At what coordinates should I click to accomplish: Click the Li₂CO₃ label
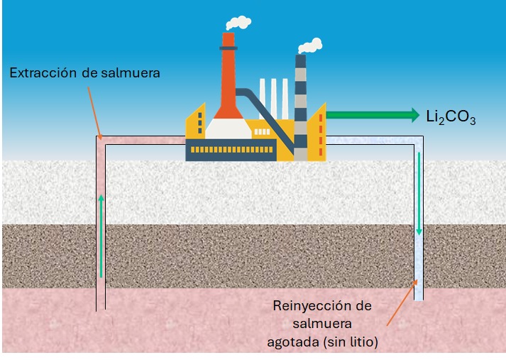(x=451, y=116)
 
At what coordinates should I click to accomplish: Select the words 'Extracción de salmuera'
(x=84, y=72)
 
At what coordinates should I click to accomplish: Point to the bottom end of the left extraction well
(x=101, y=307)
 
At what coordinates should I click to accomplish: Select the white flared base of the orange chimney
(x=228, y=129)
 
